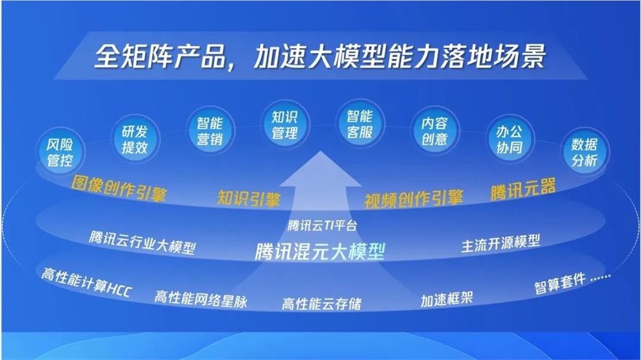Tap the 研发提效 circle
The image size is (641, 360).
pyautogui.click(x=135, y=139)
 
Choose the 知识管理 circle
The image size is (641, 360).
pyautogui.click(x=285, y=126)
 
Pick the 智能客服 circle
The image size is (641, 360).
pyautogui.click(x=360, y=126)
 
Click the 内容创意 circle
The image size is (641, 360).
pyautogui.click(x=434, y=131)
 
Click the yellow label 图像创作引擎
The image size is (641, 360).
pyautogui.click(x=119, y=188)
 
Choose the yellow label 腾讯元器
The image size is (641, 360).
pyautogui.click(x=523, y=189)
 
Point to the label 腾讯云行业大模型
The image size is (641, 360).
pyautogui.click(x=142, y=241)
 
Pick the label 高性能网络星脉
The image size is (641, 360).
pyautogui.click(x=201, y=298)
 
